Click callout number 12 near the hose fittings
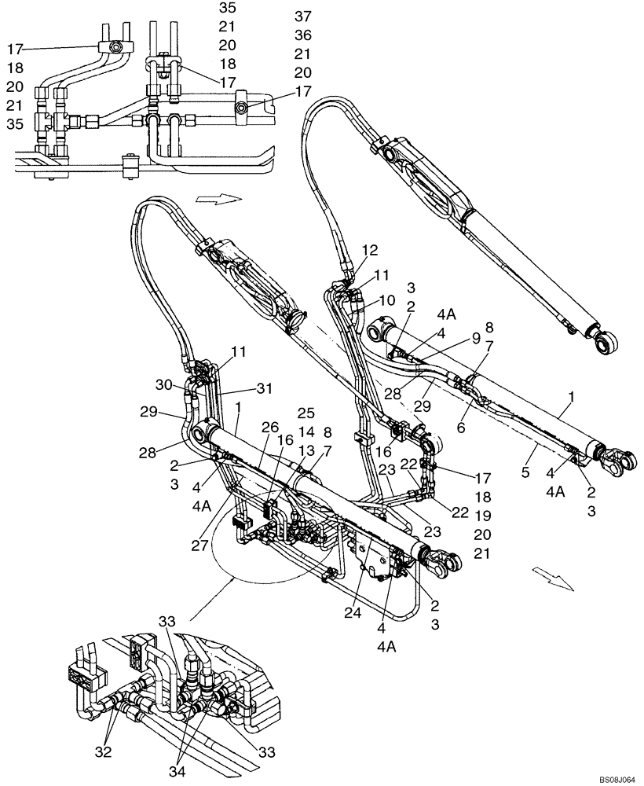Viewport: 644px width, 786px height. tap(370, 250)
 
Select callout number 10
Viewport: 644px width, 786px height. tap(387, 300)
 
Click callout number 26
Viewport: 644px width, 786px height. tap(269, 427)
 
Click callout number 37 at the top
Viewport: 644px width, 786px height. tap(302, 16)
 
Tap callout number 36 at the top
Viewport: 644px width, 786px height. tap(302, 35)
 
